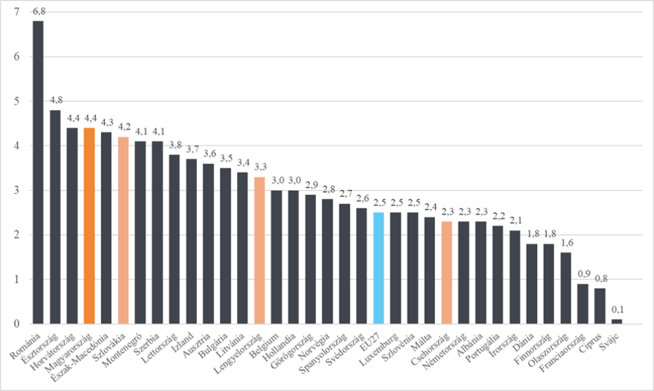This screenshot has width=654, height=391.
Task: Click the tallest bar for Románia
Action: pyautogui.click(x=38, y=172)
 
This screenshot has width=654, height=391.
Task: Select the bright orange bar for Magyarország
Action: pyautogui.click(x=89, y=226)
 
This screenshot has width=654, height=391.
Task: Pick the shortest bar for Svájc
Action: pyautogui.click(x=617, y=321)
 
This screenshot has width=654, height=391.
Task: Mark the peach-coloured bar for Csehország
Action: pyautogui.click(x=447, y=273)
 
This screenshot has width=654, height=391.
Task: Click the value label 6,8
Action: pyautogui.click(x=38, y=12)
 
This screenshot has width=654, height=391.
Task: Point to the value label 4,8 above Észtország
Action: pyautogui.click(x=55, y=101)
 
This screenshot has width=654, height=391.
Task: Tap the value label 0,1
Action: pyautogui.click(x=617, y=311)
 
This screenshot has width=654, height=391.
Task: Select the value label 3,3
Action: pyautogui.click(x=259, y=168)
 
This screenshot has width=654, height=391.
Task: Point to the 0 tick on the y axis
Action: pyautogui.click(x=15, y=324)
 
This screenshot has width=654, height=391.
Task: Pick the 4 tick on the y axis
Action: pyautogui.click(x=15, y=146)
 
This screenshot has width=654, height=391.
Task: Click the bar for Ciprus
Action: pyautogui.click(x=599, y=306)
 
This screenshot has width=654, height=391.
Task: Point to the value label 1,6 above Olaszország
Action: pyautogui.click(x=566, y=244)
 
